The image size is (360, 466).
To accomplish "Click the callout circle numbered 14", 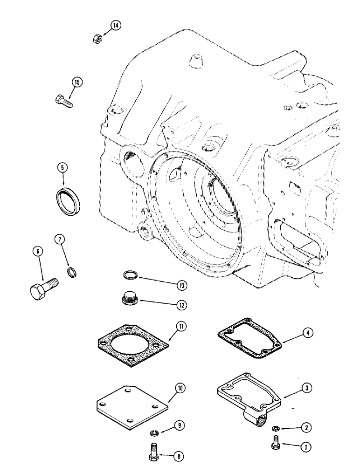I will coord(116,26).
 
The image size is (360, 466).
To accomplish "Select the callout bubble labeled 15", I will coord(77,82).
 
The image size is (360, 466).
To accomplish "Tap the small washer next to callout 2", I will coord(277,428).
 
